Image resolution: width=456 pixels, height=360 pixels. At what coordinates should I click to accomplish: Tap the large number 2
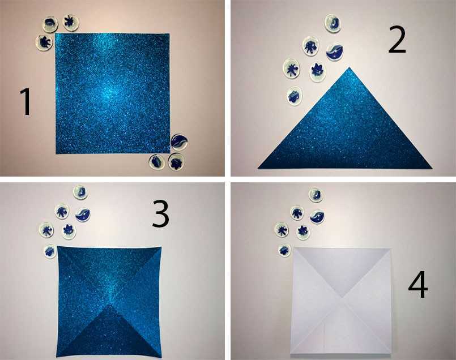point(397,40)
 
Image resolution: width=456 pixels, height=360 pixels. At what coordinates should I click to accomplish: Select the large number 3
point(160,214)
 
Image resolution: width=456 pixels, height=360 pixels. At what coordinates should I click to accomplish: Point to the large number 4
point(418,284)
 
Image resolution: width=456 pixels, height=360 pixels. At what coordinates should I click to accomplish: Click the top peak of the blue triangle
point(350,67)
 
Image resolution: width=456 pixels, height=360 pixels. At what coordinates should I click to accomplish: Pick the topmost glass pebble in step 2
point(333,23)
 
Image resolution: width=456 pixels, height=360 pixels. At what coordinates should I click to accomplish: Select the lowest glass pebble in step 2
point(295,96)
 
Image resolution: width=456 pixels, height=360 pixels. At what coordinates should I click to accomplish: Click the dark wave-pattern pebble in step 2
point(334,52)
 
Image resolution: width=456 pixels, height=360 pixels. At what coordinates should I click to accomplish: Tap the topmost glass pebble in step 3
point(80,192)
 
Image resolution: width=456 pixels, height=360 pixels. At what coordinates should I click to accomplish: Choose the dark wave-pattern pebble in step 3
point(83,215)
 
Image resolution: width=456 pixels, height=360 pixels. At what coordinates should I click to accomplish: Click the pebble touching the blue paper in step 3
point(50,251)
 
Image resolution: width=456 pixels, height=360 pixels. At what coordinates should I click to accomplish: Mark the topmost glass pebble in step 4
point(316,195)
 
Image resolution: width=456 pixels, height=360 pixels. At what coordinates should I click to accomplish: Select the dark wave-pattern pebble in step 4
point(317,217)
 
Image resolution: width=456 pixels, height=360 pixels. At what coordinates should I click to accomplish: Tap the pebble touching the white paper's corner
point(284,250)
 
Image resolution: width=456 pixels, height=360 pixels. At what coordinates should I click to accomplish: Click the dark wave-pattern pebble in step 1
point(179,142)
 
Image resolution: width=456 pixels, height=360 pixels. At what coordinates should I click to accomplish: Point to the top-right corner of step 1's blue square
point(169,34)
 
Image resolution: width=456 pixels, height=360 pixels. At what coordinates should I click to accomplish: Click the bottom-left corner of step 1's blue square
point(56,153)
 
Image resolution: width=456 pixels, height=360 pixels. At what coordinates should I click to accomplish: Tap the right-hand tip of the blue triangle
point(432,168)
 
